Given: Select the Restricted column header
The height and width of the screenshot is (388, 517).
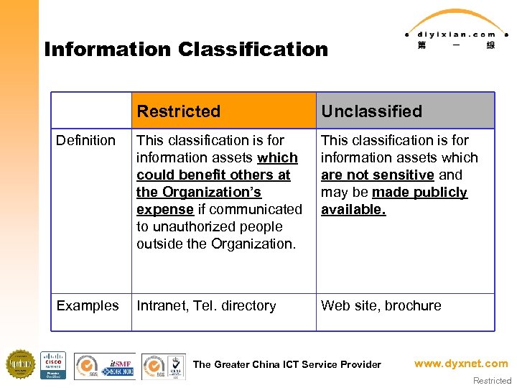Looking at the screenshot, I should (178, 111).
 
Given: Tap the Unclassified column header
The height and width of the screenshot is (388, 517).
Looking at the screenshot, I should (371, 111).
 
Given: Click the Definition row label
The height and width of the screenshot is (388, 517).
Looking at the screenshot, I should (85, 140).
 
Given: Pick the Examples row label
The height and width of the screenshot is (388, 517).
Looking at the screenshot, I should (88, 305).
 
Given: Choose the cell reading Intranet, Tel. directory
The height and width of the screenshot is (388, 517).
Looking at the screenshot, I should (206, 305).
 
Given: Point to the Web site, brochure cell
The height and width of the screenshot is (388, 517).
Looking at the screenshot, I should (381, 305).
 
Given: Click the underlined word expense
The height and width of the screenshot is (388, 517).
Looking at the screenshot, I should (164, 209).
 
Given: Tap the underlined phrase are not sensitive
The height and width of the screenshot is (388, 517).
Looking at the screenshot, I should (377, 175).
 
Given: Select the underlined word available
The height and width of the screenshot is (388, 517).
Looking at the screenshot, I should (353, 209).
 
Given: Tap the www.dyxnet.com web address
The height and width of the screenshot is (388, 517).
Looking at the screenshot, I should (460, 364).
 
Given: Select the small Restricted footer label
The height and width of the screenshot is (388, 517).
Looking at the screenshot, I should (493, 381).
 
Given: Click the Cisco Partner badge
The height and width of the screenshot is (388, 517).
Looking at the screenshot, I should (52, 365).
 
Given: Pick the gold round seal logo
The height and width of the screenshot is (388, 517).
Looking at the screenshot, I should (20, 364).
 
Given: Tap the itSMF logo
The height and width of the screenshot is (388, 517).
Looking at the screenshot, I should (119, 364).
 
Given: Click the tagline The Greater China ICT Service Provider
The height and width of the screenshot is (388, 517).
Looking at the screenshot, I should (287, 364).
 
